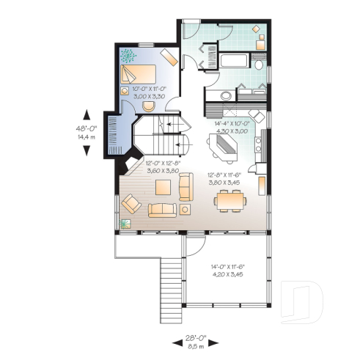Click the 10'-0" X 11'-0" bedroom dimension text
(x=147, y=92)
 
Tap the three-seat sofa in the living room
(x=163, y=210)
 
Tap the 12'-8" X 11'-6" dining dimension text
(x=225, y=178)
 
